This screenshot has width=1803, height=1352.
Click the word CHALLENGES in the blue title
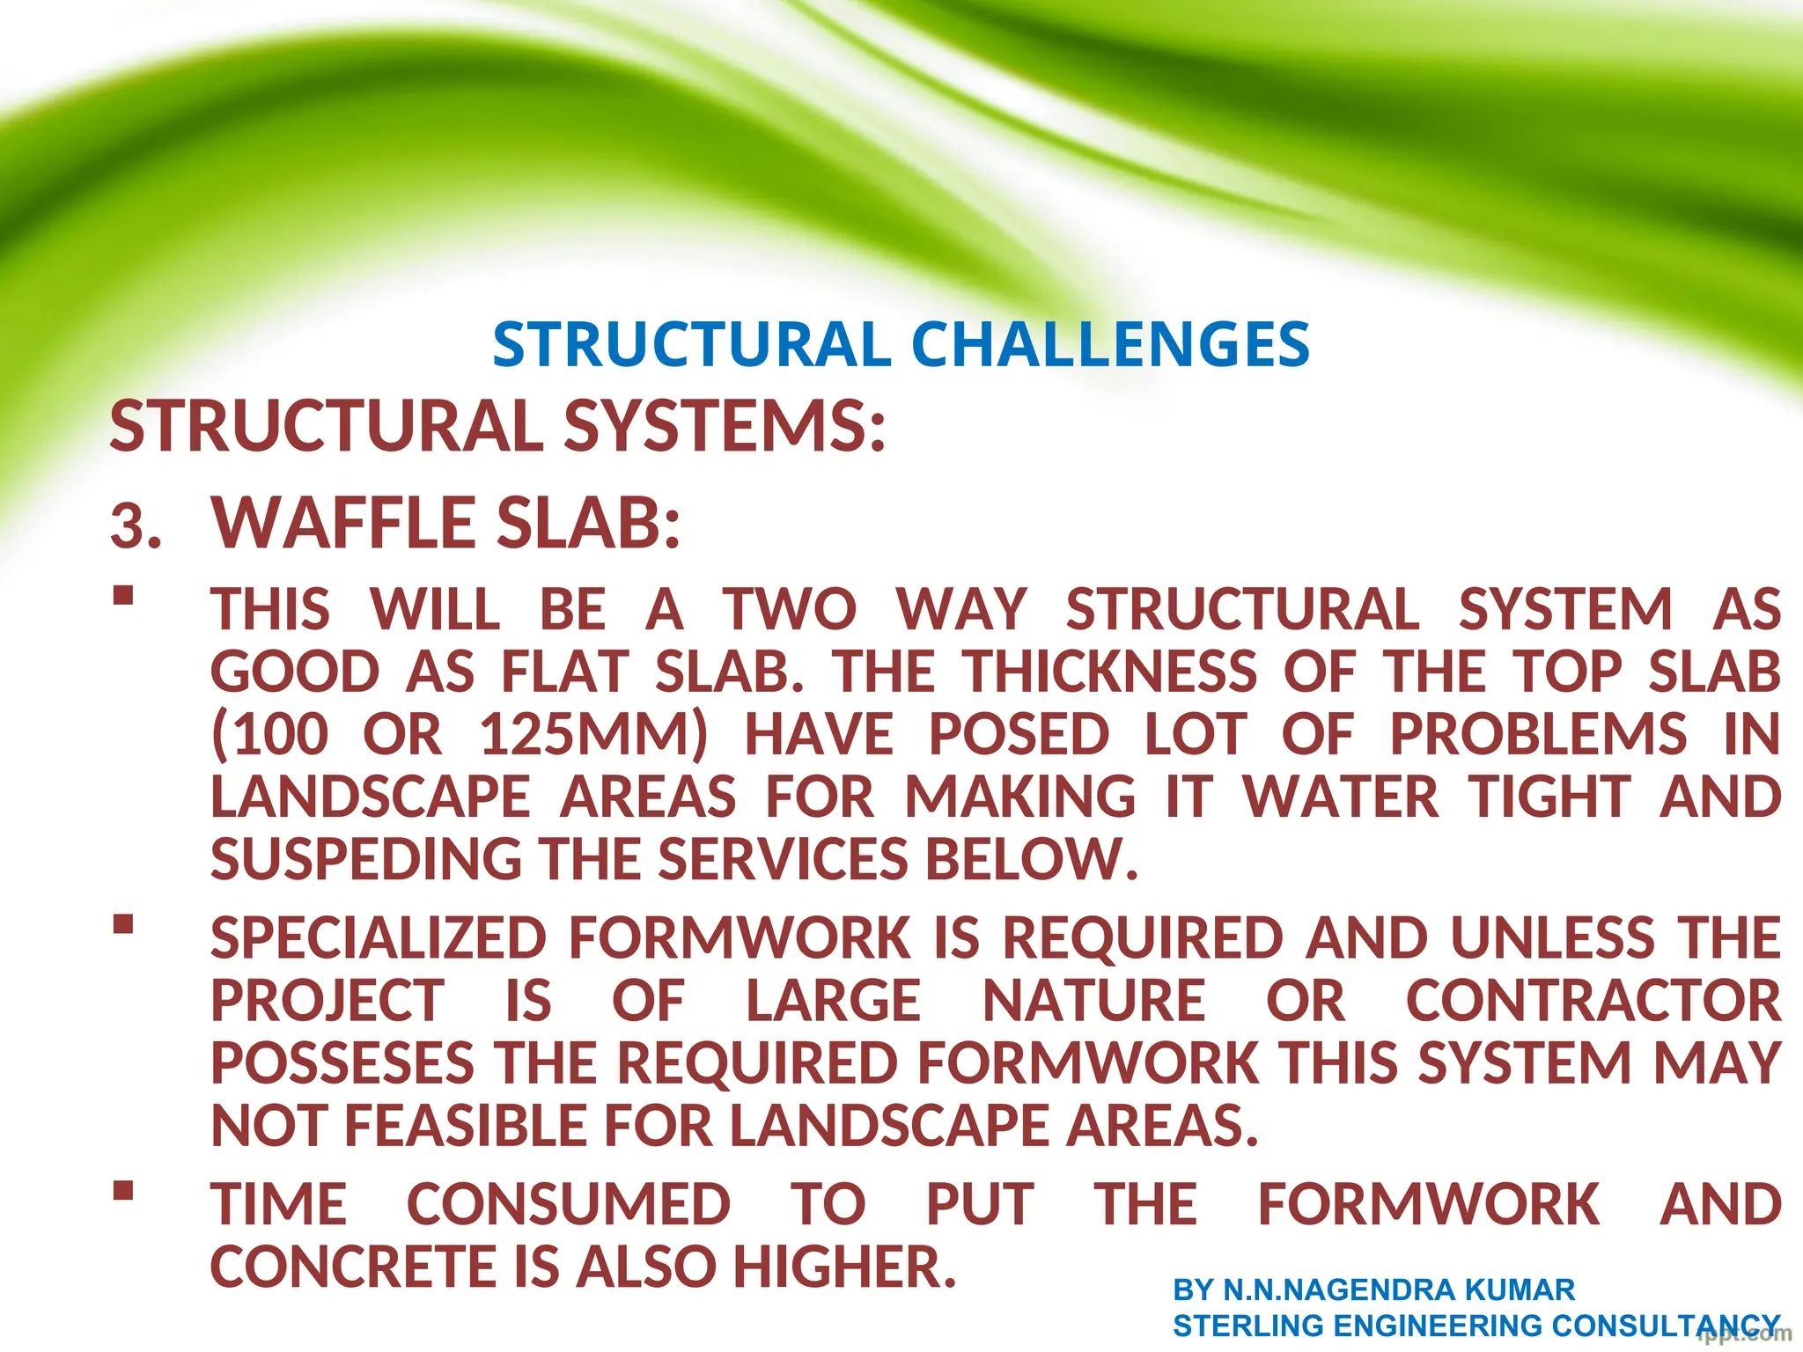(1110, 344)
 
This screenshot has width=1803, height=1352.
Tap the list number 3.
(136, 527)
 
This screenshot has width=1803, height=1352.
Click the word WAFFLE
(344, 523)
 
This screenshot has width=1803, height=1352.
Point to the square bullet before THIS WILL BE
(123, 596)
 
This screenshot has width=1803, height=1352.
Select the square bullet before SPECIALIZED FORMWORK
(123, 924)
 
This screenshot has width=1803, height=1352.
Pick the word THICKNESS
(1109, 672)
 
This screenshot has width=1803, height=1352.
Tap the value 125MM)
(593, 735)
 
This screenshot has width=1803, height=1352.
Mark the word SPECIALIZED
(379, 938)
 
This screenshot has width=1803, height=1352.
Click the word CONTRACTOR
(1593, 1001)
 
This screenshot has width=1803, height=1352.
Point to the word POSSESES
(342, 1063)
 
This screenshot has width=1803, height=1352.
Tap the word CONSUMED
(568, 1205)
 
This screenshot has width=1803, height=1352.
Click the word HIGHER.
(845, 1267)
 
